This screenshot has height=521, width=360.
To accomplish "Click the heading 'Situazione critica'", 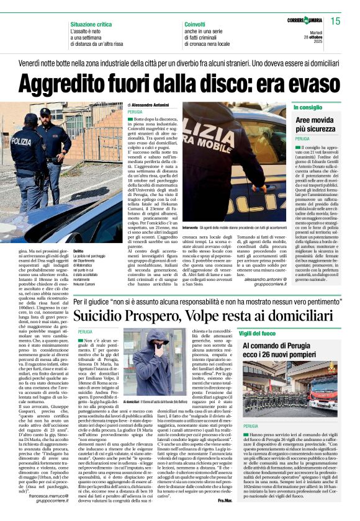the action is coord(91,24).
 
